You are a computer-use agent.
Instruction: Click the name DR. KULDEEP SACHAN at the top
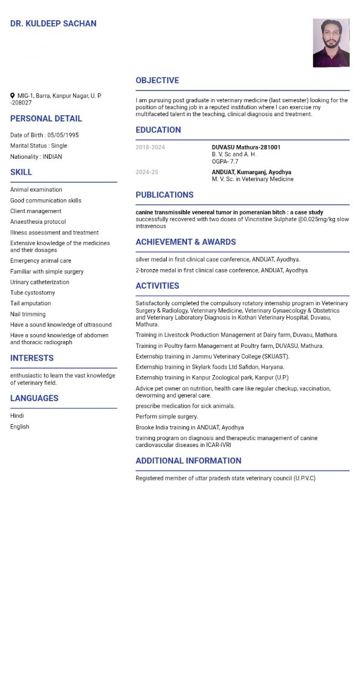(x=53, y=23)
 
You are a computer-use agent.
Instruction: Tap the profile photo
(x=331, y=43)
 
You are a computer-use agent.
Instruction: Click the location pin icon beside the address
(x=12, y=96)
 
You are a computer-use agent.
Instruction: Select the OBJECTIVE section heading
(x=157, y=80)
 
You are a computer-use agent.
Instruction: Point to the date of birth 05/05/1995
(x=63, y=135)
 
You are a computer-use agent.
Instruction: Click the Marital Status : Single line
(x=38, y=145)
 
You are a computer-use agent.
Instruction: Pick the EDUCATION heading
(x=158, y=130)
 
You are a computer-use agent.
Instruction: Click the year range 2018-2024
(x=150, y=147)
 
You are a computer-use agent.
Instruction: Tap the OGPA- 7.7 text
(x=225, y=161)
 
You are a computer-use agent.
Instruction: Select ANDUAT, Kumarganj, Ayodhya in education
(x=251, y=172)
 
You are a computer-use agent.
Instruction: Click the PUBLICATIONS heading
(x=165, y=195)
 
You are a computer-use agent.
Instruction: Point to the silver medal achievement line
(x=218, y=259)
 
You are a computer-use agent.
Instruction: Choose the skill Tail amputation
(x=30, y=303)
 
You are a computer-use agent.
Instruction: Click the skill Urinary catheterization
(x=39, y=282)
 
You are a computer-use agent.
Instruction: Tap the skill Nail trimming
(x=28, y=314)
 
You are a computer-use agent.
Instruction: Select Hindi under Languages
(x=17, y=416)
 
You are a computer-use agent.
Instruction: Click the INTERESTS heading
(x=32, y=358)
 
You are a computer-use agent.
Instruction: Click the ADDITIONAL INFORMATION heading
(x=189, y=461)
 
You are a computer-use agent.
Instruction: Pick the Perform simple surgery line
(x=167, y=417)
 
